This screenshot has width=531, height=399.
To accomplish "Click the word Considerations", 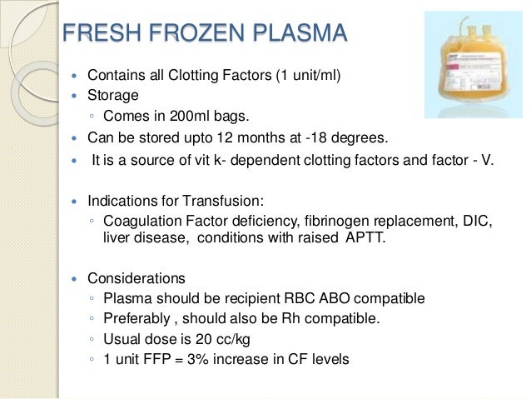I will click(x=136, y=278).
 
